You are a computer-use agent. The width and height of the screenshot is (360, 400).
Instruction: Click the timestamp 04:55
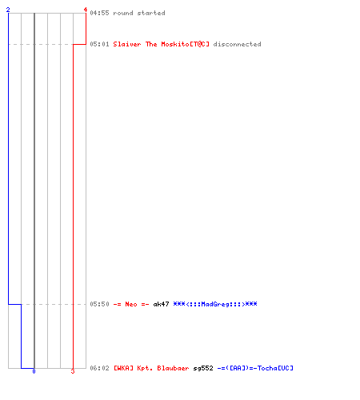tap(99, 13)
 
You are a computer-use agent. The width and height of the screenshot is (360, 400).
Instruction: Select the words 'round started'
tap(139, 13)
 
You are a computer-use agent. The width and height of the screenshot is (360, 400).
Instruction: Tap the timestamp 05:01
tap(99, 44)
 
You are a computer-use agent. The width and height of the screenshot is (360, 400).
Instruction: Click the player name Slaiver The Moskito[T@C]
tap(162, 44)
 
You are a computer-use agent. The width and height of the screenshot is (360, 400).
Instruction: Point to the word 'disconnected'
tap(237, 44)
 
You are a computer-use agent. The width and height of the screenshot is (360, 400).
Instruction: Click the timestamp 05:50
tap(99, 304)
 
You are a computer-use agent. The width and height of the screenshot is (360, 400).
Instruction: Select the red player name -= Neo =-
tap(131, 304)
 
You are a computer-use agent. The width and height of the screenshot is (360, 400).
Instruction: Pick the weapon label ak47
tap(161, 304)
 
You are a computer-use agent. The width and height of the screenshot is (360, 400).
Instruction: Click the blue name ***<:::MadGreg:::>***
tap(215, 304)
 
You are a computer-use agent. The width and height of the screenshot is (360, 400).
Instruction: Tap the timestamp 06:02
tap(99, 368)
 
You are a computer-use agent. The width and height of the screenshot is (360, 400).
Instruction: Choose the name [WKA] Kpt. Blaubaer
tap(151, 368)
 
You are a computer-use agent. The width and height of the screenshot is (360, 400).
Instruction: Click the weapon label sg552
tap(203, 368)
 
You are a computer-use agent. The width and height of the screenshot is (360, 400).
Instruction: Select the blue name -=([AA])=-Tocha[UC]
tap(255, 368)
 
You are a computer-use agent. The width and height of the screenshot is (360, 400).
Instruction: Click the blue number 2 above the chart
tap(8, 10)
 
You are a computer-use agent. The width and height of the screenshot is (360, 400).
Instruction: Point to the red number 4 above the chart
tap(86, 10)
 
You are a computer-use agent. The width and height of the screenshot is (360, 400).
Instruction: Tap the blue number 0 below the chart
tap(34, 371)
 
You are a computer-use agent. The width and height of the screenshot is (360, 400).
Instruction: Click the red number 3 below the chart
tap(73, 371)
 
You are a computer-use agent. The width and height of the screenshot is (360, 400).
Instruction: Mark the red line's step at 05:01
tap(79, 44)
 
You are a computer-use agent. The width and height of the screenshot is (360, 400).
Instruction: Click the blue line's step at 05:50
tap(15, 304)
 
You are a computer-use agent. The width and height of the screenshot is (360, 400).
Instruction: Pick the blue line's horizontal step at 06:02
tap(28, 368)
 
